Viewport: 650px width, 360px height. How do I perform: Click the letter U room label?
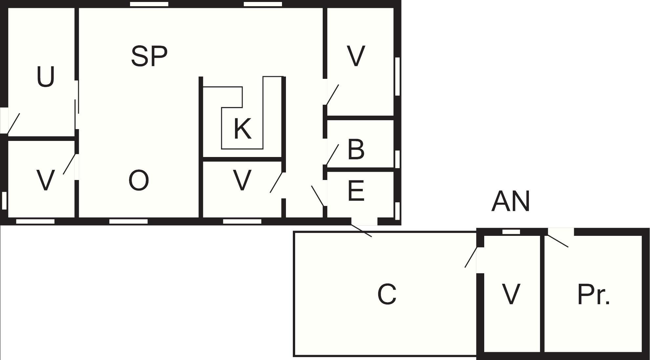coord(46,77)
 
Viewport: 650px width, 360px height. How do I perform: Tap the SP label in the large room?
coord(149,56)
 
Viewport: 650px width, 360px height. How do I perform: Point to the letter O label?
coord(139,180)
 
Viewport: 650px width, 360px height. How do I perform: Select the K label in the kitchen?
coord(243,128)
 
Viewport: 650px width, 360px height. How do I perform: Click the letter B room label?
coord(356,150)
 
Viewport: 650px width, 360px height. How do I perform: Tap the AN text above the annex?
coord(510,201)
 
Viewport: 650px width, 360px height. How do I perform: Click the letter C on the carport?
coord(387,294)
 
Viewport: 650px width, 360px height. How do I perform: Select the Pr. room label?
coord(594,295)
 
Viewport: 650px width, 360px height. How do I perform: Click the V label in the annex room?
coord(511,294)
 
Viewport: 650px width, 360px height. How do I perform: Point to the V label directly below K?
coord(242,180)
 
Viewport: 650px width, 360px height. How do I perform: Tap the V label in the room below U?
coord(45,180)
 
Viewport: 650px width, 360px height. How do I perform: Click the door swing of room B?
coord(332,155)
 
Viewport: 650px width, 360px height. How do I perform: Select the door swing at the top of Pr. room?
coord(558,241)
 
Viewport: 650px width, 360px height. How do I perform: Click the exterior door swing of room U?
coord(13,124)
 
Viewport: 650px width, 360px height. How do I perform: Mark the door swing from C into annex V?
coord(471,257)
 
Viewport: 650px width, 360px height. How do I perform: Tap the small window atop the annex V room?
coord(511,232)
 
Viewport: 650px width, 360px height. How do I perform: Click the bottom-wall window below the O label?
coord(128,221)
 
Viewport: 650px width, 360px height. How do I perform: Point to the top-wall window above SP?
coord(149,4)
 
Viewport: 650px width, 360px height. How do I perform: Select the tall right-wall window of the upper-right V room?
coord(397,77)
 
